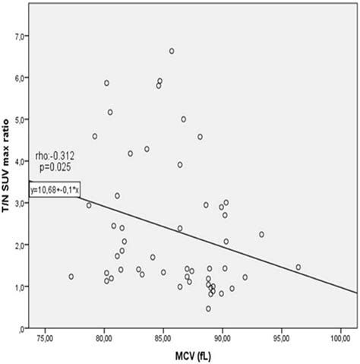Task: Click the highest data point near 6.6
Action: (x=172, y=51)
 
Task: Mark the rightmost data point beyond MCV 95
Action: (x=298, y=267)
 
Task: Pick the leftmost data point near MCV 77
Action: (x=71, y=277)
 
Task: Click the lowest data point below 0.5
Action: (x=208, y=309)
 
